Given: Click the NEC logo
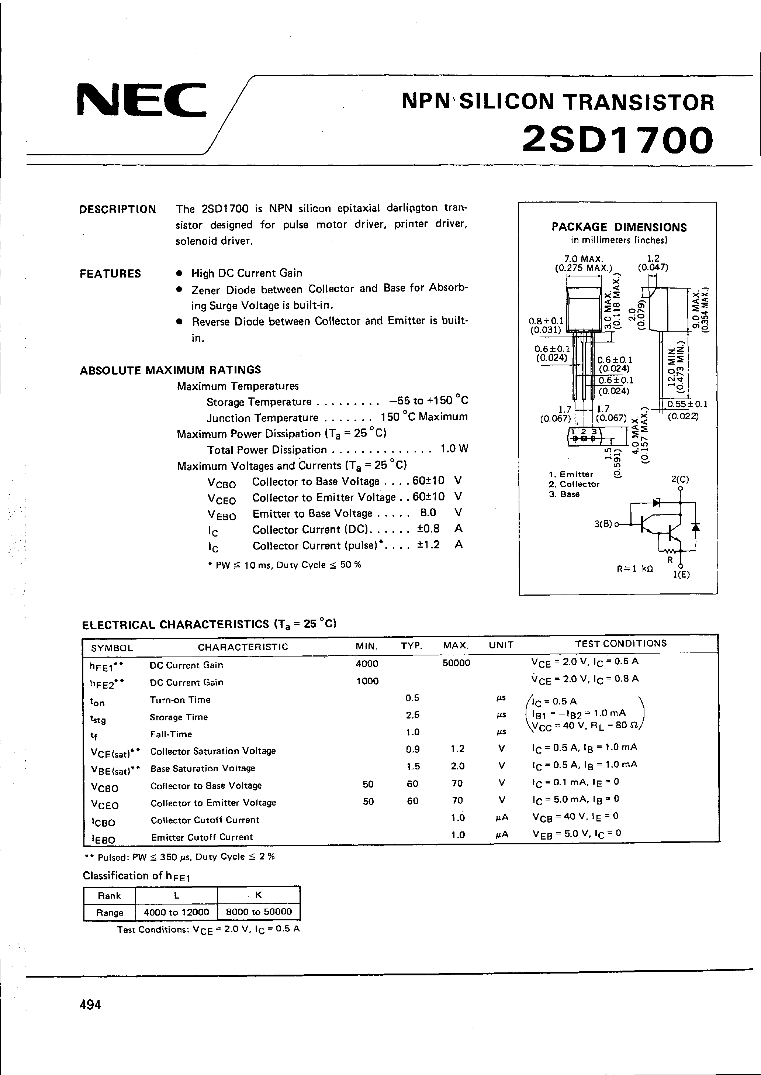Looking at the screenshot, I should point(141,100).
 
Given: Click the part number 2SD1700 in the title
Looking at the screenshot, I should point(618,139).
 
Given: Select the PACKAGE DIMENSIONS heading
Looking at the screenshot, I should point(619,227).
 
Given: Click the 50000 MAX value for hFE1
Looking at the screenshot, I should point(456,663).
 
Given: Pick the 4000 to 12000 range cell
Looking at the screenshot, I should point(176,912).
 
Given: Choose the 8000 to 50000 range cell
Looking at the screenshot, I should point(259,912).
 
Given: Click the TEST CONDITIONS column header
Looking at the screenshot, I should point(620,644).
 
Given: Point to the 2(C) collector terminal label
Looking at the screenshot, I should point(680,480).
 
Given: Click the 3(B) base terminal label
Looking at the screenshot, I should point(603,524).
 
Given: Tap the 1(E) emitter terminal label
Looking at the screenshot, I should point(681,575).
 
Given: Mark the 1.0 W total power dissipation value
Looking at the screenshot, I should point(454,449).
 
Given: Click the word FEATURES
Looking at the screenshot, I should point(110,274).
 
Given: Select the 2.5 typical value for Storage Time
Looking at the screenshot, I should point(413,715).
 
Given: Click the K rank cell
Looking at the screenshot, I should point(258,895).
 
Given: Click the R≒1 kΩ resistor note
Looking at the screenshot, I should point(635,569).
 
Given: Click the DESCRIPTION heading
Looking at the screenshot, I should point(118,209).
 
